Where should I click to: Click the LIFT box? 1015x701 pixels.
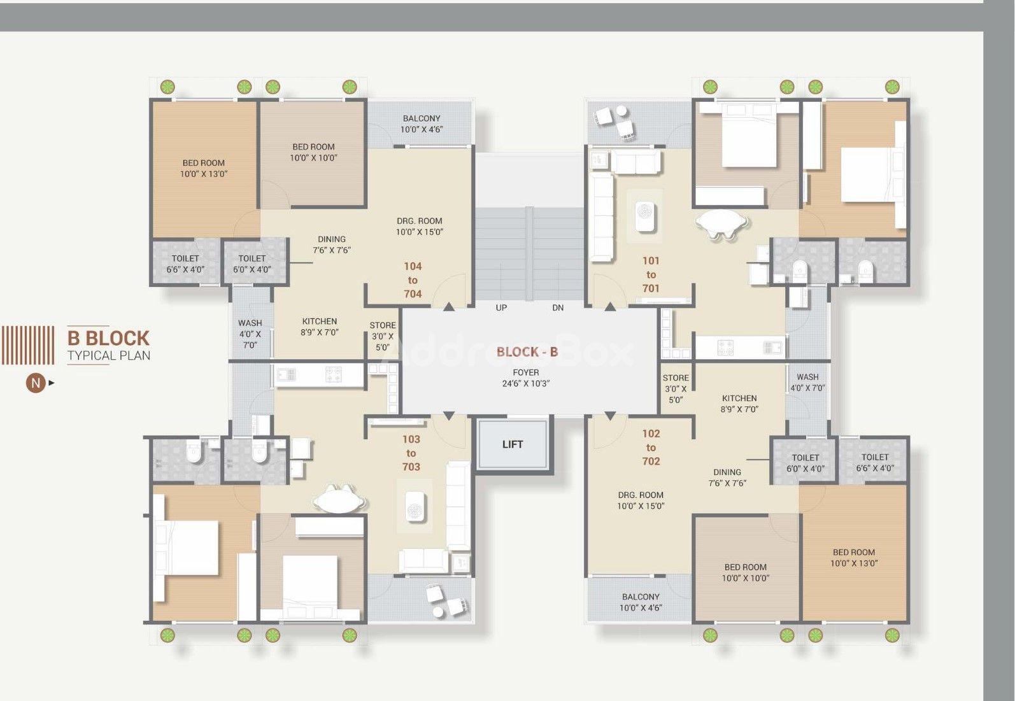pyautogui.click(x=513, y=444)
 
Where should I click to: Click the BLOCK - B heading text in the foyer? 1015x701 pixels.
pyautogui.click(x=527, y=351)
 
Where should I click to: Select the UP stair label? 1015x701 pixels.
pyautogui.click(x=501, y=308)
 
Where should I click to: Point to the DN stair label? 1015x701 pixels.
pyautogui.click(x=558, y=308)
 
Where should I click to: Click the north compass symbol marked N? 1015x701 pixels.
pyautogui.click(x=36, y=383)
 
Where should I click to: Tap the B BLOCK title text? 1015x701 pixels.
pyautogui.click(x=108, y=338)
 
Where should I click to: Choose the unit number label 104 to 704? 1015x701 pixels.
pyautogui.click(x=413, y=280)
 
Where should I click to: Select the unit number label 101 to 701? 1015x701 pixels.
pyautogui.click(x=651, y=274)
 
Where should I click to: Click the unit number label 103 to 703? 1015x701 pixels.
pyautogui.click(x=411, y=453)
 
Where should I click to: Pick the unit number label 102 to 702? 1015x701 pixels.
pyautogui.click(x=651, y=447)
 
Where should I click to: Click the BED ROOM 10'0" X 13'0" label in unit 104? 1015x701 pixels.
pyautogui.click(x=204, y=168)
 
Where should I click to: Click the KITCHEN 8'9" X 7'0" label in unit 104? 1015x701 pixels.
pyautogui.click(x=320, y=327)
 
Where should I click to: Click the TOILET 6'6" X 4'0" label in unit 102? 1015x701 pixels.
pyautogui.click(x=875, y=463)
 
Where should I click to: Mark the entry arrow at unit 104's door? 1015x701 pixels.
pyautogui.click(x=448, y=307)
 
